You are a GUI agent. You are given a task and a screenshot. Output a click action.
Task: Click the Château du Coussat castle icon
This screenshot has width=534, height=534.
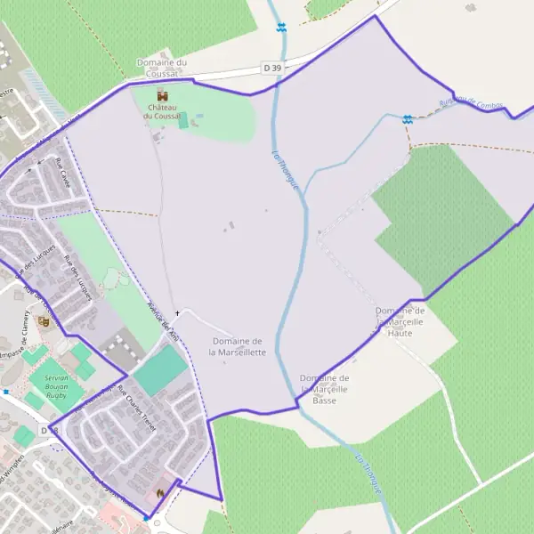coord(162,95)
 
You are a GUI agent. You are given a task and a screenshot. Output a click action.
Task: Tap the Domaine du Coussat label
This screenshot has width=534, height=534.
coord(161,68)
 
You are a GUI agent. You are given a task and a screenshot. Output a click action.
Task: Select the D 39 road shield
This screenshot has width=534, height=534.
coord(273,68)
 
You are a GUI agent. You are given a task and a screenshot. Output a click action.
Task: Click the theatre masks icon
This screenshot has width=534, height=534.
coord(44,320)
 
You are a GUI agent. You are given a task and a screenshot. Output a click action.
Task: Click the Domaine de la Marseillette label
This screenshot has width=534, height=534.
coord(238,346)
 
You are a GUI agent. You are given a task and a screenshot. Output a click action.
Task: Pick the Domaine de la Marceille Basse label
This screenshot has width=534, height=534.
coord(325,389)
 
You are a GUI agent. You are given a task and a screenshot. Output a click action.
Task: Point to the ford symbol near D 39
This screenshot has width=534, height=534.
coord(281,28)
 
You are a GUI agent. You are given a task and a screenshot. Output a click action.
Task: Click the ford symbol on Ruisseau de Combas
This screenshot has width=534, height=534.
coord(407,119)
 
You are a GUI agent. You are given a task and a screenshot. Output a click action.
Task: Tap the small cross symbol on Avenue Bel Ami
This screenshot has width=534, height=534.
coord(177,313)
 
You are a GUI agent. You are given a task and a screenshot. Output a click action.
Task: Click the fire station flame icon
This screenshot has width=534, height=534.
coord(160,492)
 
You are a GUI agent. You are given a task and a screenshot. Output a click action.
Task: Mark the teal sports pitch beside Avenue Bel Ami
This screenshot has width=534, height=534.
coord(161,370)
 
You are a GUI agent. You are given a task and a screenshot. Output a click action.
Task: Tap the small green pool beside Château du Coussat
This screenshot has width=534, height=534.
coord(183,121)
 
